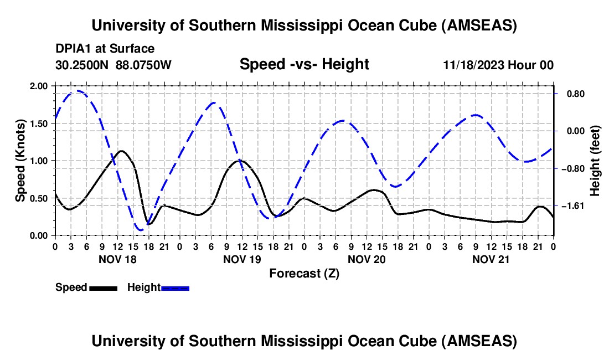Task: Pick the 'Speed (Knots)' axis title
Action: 20,160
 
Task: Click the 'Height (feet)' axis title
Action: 595,160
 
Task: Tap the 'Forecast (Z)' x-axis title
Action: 304,273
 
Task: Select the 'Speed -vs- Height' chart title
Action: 304,64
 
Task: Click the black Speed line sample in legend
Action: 103,287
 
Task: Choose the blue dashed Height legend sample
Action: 175,287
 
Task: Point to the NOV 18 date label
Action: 117,259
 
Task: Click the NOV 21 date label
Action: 491,259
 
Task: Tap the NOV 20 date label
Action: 367,259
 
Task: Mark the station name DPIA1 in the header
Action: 73,49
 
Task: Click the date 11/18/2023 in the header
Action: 473,65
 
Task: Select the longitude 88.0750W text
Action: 143,65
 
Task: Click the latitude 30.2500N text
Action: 82,65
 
